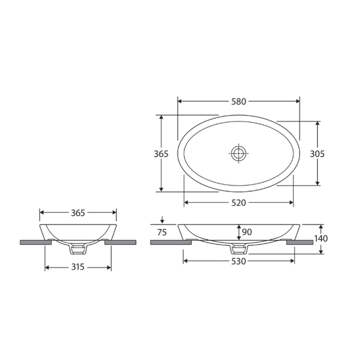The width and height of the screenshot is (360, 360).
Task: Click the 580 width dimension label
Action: (239, 101)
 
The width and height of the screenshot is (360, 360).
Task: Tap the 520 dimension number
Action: (239, 202)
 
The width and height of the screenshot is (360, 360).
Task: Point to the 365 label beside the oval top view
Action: (162, 153)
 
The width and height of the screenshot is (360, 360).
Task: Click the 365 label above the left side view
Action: (78, 212)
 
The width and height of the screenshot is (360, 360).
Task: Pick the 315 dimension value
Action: (78, 267)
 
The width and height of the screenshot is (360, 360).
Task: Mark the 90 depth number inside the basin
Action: (246, 232)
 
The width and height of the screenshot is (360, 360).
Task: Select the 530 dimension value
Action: (239, 261)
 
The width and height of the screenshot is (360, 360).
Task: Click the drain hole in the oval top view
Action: (239, 153)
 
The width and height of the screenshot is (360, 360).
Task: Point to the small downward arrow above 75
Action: (163, 221)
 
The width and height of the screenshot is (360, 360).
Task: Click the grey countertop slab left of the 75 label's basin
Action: (170, 242)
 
